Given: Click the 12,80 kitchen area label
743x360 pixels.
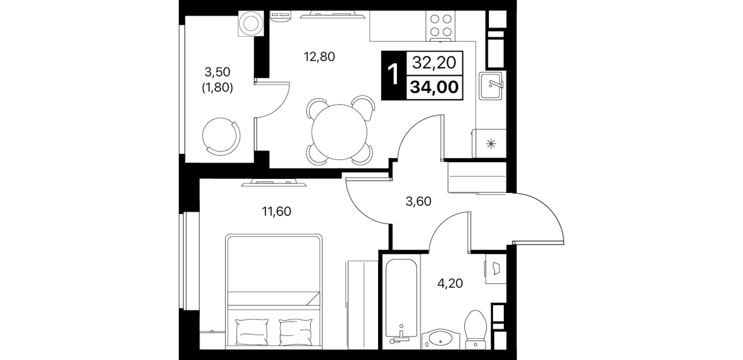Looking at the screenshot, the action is tap(319, 57).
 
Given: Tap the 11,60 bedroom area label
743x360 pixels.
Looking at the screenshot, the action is tap(276, 211).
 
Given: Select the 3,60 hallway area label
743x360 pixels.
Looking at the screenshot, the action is tap(419, 201).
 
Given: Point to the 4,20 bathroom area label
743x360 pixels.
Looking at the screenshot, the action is tap(450, 283).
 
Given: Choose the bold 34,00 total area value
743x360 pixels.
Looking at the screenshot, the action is tap(435, 87).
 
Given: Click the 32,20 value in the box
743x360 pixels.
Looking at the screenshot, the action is tap(434, 62).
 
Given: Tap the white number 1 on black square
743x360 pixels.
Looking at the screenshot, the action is tap(393, 75).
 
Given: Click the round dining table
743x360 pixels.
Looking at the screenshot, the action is tap(339, 132).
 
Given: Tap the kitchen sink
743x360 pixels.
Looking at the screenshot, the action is tap(491, 86).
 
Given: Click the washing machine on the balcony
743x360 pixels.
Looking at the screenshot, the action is tap(251, 23).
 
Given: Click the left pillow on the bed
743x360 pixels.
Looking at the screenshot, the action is tap(251, 332).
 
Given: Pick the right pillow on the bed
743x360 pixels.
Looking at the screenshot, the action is tap(296, 332).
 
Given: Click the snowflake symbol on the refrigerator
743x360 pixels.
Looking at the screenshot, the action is tap(491, 144).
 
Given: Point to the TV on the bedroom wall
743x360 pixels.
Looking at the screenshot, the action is tap(274, 183).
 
